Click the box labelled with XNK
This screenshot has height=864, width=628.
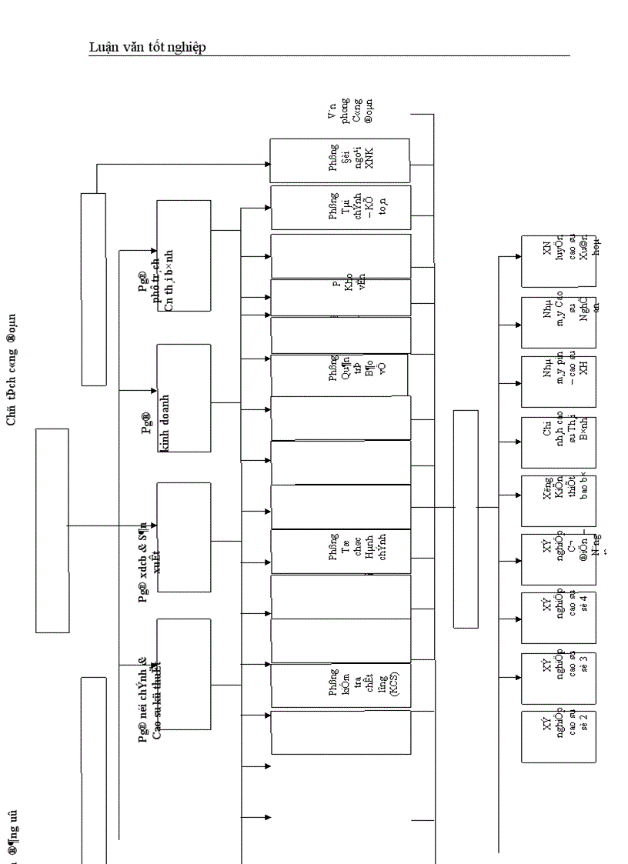(339, 161)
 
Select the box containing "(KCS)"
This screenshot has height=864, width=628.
(339, 686)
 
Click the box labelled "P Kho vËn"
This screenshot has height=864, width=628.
(339, 297)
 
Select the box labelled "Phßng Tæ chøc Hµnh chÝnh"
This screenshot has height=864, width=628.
(339, 552)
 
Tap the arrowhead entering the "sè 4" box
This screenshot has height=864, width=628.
(517, 617)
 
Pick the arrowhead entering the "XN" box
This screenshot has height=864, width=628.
(517, 256)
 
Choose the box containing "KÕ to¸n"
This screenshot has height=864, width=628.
(339, 207)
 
